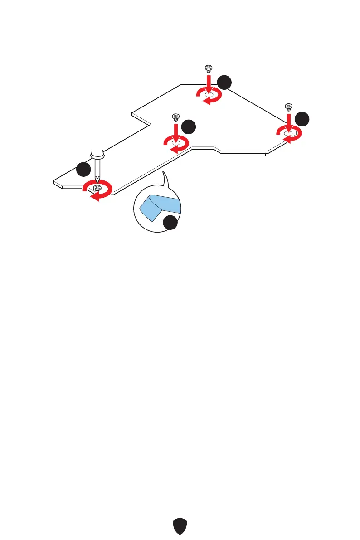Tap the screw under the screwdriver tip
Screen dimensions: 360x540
[x=96, y=187]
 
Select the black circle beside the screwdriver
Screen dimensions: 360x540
[x=83, y=170]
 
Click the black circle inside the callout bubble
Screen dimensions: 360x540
[x=170, y=223]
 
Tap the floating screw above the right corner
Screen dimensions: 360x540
[x=287, y=107]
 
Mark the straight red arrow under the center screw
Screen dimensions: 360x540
[x=176, y=131]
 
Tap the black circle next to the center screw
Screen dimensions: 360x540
[x=189, y=126]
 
